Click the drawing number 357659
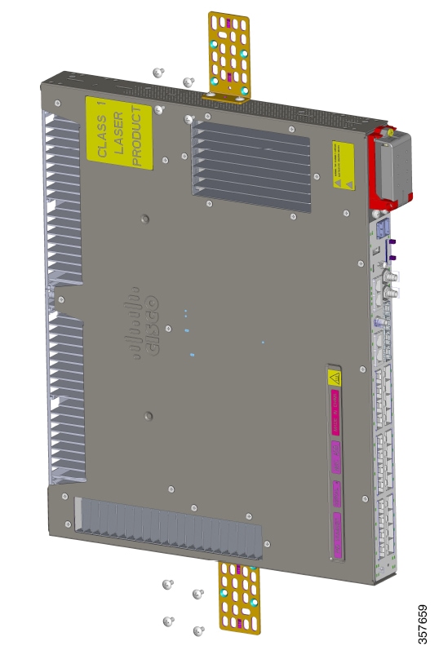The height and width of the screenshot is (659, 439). pyautogui.click(x=422, y=624)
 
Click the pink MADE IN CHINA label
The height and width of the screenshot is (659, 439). pyautogui.click(x=334, y=409)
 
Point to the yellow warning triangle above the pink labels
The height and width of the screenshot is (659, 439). pyautogui.click(x=333, y=377)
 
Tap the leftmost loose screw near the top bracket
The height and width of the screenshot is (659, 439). pyautogui.click(x=158, y=73)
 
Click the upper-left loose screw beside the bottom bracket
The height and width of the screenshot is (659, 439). pyautogui.click(x=167, y=585)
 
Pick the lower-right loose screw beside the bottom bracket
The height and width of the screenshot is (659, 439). pyautogui.click(x=198, y=630)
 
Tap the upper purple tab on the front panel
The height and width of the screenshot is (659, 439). pyautogui.click(x=393, y=241)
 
